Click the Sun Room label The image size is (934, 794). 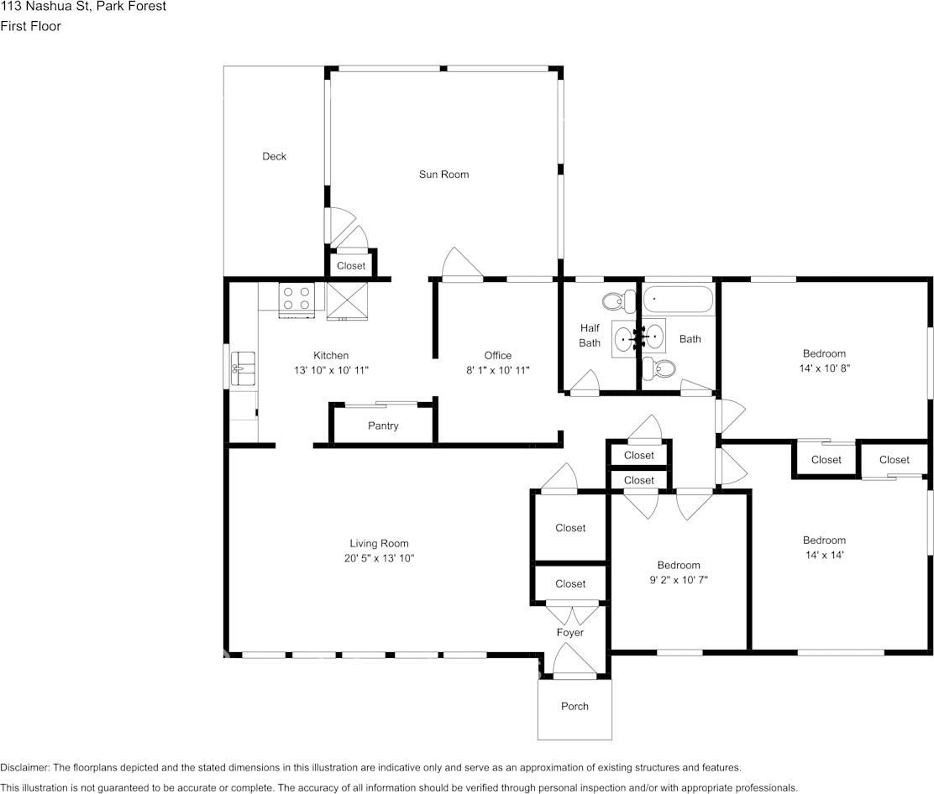443,175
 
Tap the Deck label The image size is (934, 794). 274,157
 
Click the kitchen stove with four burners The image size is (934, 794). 296,300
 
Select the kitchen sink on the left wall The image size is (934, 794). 243,368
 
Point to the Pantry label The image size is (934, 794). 383,426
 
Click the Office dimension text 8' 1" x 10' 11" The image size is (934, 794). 498,370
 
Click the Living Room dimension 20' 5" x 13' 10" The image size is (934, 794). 379,558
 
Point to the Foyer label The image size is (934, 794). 570,633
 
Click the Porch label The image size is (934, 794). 575,707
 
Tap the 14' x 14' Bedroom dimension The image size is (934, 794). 825,555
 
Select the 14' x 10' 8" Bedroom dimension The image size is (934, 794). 825,368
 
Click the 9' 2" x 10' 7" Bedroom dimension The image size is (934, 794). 679,580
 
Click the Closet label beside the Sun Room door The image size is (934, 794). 351,266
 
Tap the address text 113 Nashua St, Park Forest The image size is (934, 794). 83,7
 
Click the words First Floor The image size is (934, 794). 30,26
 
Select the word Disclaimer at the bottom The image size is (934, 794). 25,768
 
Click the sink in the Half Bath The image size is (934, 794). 624,339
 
